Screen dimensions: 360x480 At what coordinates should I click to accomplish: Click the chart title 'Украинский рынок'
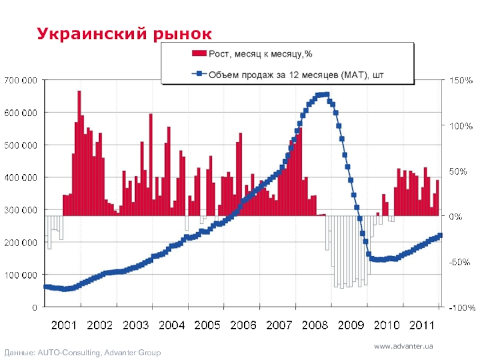(x=125, y=33)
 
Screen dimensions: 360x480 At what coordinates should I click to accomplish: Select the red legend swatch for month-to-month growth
(x=199, y=54)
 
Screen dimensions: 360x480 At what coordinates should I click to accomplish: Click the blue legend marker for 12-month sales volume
(x=199, y=75)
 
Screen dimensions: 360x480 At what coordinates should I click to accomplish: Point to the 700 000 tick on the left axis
(x=20, y=80)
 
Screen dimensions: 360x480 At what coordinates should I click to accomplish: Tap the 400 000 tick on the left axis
(x=20, y=178)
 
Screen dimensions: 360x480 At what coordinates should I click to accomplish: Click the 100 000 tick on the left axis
(x=20, y=275)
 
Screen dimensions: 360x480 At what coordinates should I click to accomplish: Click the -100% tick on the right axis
(x=459, y=307)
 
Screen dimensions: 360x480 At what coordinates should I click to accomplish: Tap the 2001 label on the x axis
(x=64, y=325)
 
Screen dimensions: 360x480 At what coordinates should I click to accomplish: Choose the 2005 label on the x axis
(x=207, y=325)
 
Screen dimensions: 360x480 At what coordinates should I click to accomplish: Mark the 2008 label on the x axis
(x=314, y=325)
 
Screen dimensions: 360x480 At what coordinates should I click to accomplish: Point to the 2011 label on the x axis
(x=422, y=325)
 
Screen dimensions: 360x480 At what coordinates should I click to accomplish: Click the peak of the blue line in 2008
(x=322, y=94)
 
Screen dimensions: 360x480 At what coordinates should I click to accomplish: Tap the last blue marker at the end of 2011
(x=440, y=235)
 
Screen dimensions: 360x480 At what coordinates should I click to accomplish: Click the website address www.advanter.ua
(x=403, y=346)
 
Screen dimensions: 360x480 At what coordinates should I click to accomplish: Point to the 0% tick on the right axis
(x=454, y=216)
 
